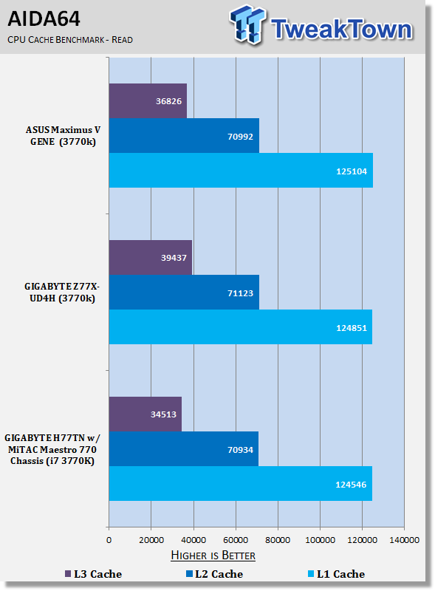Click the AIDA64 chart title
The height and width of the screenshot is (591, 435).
pyautogui.click(x=44, y=18)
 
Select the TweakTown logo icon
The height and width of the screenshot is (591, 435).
pyautogui.click(x=247, y=25)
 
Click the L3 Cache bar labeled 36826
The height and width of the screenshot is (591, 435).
pyautogui.click(x=148, y=101)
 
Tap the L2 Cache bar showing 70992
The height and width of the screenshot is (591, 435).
pyautogui.click(x=184, y=136)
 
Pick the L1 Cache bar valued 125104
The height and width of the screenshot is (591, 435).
pyautogui.click(x=241, y=171)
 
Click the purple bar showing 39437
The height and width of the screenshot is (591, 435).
pyautogui.click(x=151, y=258)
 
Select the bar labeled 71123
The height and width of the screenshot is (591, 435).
pyautogui.click(x=184, y=293)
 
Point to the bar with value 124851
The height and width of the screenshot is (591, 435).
pyautogui.click(x=241, y=327)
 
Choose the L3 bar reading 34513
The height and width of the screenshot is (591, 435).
pyautogui.click(x=145, y=414)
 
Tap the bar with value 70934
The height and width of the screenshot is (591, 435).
pyautogui.click(x=184, y=449)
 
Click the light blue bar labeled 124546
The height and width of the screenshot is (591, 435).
pyautogui.click(x=241, y=484)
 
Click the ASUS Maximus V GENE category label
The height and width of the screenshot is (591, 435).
pyautogui.click(x=63, y=136)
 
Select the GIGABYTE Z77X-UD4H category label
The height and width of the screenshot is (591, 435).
pyautogui.click(x=62, y=293)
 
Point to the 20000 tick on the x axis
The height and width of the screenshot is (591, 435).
pyautogui.click(x=151, y=540)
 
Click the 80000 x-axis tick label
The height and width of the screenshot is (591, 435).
pyautogui.click(x=278, y=540)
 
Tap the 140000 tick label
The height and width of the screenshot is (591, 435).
pyautogui.click(x=405, y=540)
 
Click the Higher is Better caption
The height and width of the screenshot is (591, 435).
pyautogui.click(x=213, y=556)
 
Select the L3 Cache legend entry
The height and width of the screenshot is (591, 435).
pyautogui.click(x=94, y=574)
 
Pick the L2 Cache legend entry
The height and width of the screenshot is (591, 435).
pyautogui.click(x=214, y=574)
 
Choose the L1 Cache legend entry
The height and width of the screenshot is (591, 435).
pyautogui.click(x=336, y=574)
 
